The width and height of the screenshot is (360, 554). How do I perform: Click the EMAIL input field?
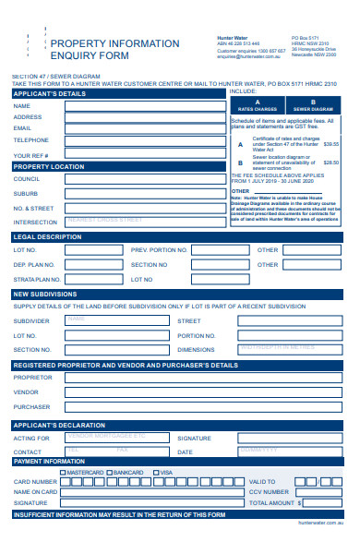coord(143,128)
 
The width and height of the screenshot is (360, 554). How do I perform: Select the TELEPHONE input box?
coord(143,140)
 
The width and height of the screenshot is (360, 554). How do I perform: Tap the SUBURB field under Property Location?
coord(143,194)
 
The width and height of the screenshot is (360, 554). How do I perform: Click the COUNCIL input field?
coord(143,179)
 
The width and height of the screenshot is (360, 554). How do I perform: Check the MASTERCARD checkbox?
coord(63,473)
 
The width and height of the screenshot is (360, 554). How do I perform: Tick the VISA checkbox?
coord(156,473)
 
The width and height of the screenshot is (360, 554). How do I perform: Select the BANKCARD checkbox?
coord(109,473)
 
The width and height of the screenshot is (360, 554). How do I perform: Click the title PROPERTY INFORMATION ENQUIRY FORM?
coord(114,50)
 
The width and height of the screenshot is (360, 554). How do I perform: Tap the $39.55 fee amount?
coord(330,144)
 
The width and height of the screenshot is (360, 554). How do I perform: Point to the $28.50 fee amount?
coord(330,163)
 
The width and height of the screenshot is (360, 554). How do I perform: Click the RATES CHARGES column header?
coord(258,105)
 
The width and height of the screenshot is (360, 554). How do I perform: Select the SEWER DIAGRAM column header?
coord(314,105)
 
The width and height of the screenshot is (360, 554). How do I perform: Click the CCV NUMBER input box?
coord(320,492)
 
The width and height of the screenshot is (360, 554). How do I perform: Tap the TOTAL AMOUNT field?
coord(320,503)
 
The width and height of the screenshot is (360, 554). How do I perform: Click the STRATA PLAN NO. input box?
coord(92,279)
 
